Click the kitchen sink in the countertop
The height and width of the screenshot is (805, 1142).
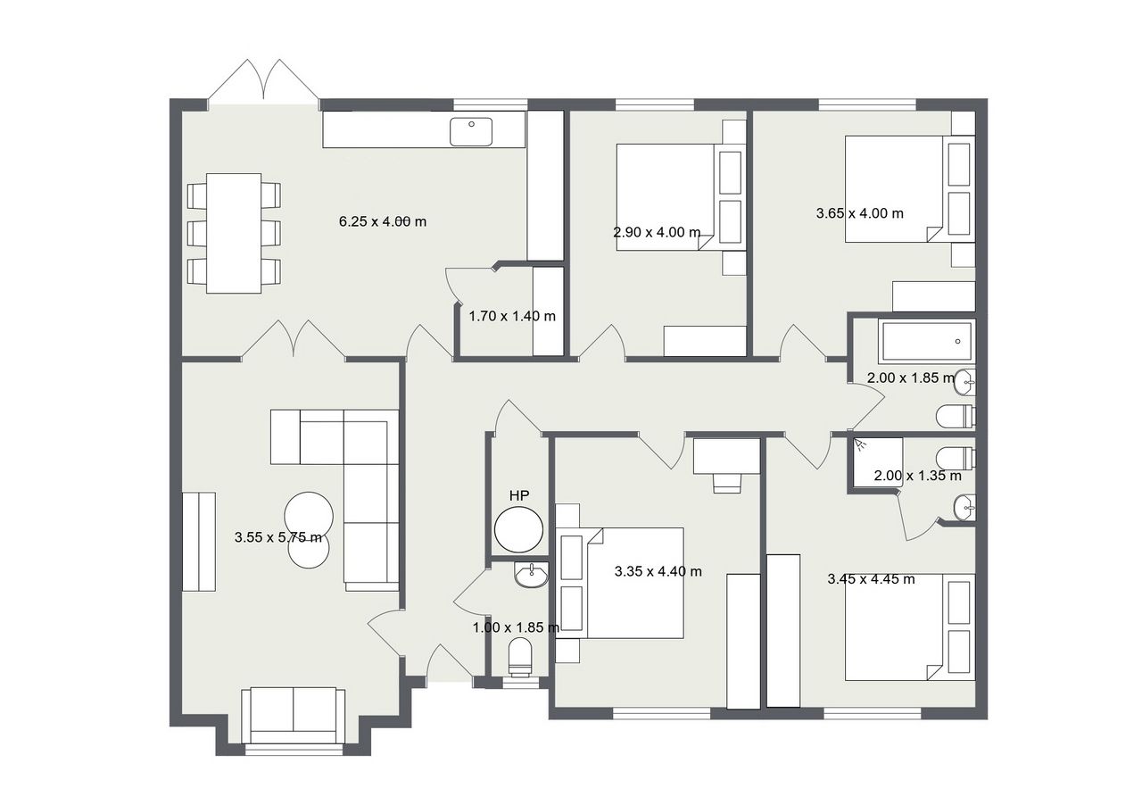coord(471,131)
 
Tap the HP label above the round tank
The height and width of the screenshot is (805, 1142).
coord(519,494)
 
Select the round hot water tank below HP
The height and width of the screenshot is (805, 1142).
coord(519,529)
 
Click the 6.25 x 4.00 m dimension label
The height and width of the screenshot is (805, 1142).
coord(383,221)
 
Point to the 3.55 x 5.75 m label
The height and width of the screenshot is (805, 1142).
coord(278,537)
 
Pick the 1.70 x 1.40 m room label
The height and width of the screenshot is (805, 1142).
coord(512,316)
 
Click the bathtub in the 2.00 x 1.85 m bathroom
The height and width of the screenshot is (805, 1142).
coord(927,341)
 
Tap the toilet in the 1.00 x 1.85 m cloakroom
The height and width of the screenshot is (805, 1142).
coord(520,657)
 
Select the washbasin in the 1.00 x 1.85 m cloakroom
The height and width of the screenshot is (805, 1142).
coord(531,575)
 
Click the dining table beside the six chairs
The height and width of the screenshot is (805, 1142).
coord(234,233)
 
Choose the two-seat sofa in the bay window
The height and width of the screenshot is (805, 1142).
coord(294,716)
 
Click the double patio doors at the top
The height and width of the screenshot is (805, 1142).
coord(264,81)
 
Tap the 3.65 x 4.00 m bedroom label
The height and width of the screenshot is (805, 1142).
coord(859,213)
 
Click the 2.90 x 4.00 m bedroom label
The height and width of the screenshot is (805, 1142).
coord(657,233)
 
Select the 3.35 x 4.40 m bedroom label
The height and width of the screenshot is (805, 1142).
coord(658,571)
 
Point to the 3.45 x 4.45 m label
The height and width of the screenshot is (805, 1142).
coord(871,579)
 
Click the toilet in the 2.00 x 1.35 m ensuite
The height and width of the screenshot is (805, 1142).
coord(956,458)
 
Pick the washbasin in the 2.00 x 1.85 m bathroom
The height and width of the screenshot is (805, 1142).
coord(964,382)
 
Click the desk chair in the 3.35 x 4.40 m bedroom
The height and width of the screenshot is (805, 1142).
coord(727,483)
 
